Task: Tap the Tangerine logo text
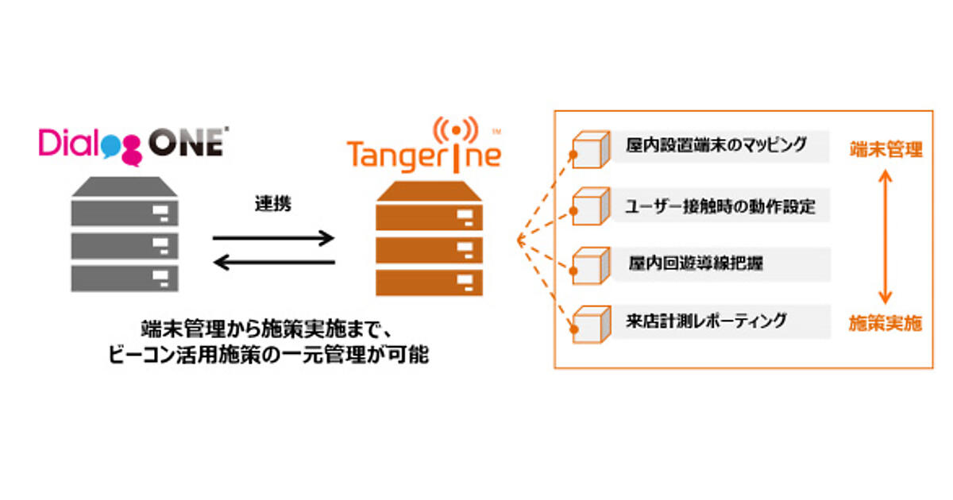tap(423, 154)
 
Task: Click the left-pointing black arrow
tap(274, 261)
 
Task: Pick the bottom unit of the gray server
tap(125, 278)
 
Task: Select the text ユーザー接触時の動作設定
tap(720, 207)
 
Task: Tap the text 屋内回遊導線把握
tap(696, 263)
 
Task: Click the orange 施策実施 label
tap(885, 323)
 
